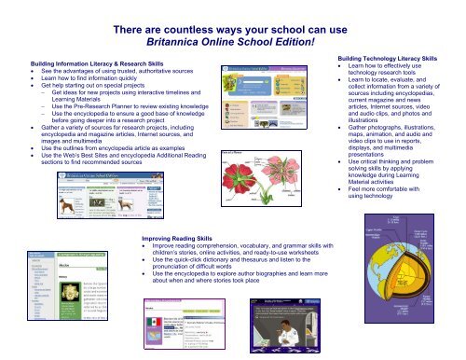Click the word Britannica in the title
point(188,46)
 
